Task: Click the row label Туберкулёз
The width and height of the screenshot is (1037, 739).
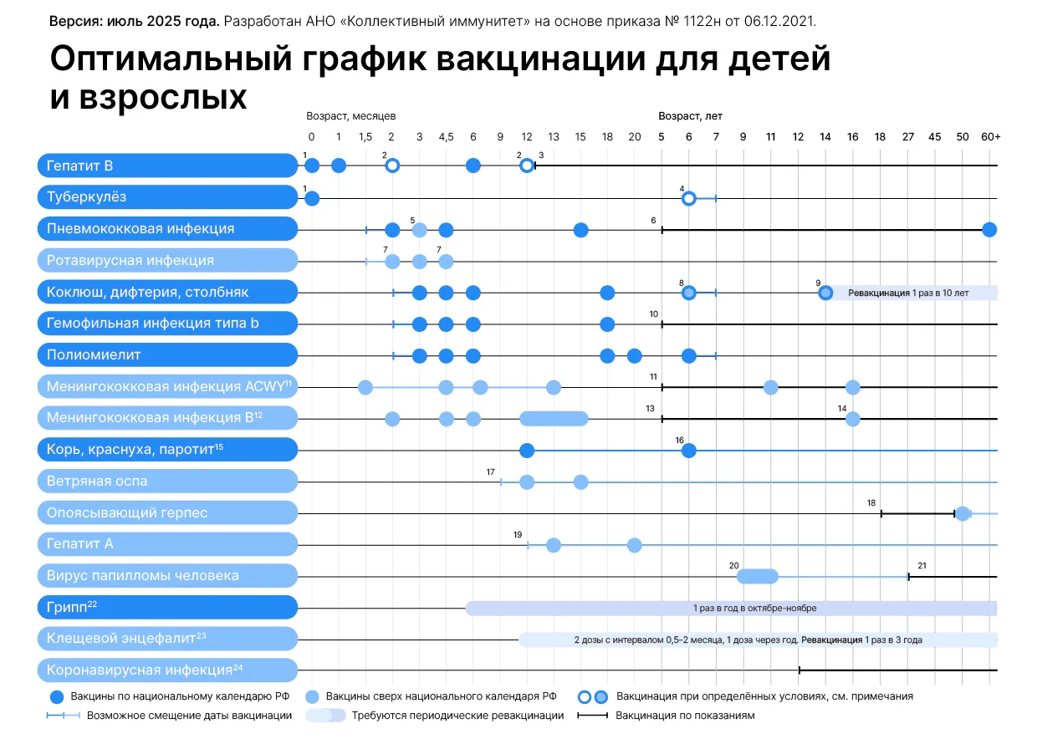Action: coord(87,197)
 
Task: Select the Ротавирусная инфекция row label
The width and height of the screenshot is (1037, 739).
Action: coord(130,260)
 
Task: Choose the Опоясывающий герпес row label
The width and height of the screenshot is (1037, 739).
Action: coord(127,512)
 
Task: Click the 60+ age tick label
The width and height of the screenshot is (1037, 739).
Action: coord(991,137)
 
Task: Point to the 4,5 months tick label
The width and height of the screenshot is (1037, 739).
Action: coord(446,137)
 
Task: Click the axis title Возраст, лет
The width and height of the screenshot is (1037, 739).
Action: coord(690,116)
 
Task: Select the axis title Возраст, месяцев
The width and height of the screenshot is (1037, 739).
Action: coord(351,116)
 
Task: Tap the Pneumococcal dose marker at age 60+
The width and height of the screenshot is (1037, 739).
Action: coord(989,229)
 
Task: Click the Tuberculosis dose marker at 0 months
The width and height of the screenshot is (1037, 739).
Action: coord(312,198)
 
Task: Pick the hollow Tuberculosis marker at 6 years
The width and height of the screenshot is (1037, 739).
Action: coord(688,198)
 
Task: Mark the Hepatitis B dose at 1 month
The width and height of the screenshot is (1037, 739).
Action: coord(339,166)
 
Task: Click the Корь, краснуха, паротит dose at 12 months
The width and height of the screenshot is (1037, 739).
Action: coord(527,451)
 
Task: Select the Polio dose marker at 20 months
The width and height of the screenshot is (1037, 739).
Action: coord(635,356)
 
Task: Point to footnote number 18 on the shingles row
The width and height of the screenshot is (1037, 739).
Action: coord(871,502)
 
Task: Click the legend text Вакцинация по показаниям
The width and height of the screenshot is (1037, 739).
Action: coord(685,716)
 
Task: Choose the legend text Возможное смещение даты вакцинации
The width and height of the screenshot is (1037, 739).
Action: coord(190,716)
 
